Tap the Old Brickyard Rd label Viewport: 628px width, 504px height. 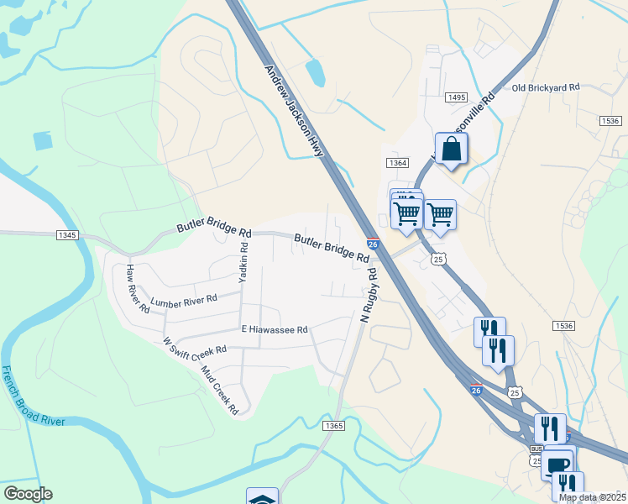click(x=546, y=87)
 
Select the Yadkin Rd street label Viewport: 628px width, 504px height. click(x=243, y=262)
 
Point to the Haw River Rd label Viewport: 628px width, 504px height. click(x=137, y=289)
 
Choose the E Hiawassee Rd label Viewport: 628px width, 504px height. click(x=275, y=330)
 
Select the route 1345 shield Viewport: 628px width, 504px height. click(x=68, y=235)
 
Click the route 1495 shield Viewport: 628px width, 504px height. click(x=457, y=98)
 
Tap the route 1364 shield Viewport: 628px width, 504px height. click(x=397, y=162)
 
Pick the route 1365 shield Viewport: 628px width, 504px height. click(x=334, y=427)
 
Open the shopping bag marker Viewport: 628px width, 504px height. click(x=452, y=149)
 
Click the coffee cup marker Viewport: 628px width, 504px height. click(x=558, y=465)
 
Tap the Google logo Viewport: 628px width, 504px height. click(x=27, y=494)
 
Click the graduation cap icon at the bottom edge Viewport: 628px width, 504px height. click(x=262, y=498)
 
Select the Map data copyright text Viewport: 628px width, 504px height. click(x=593, y=497)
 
